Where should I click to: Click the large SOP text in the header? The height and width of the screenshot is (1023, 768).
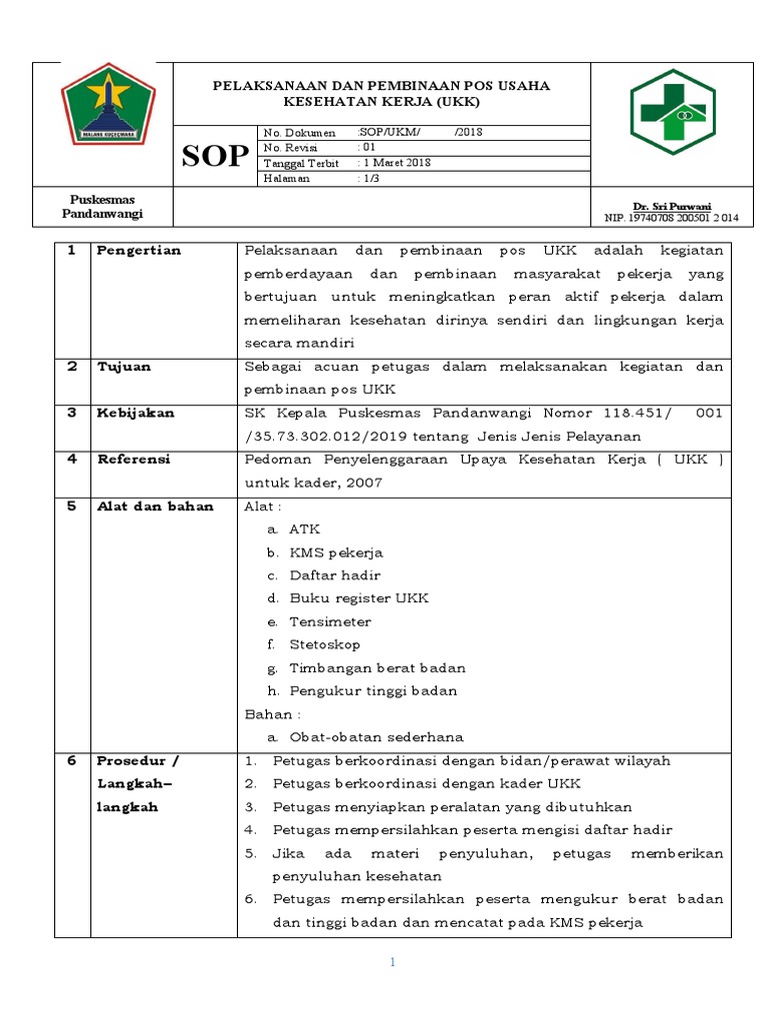215,156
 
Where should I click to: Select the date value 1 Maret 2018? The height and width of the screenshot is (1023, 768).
397,163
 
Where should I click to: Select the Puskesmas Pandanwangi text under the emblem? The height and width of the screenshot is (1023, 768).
103,207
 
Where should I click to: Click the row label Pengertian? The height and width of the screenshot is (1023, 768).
138,251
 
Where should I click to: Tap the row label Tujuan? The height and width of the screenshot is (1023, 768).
123,367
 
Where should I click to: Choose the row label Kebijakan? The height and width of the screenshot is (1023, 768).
135,413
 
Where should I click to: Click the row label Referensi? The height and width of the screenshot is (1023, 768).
133,460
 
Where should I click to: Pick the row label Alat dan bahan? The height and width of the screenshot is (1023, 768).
154,507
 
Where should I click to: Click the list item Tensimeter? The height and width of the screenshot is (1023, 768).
331,621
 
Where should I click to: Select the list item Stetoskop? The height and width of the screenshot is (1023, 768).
324,644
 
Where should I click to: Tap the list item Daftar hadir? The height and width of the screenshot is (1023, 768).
334,575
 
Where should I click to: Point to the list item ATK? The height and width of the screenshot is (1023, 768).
304,529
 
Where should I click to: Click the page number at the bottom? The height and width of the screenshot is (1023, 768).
393,963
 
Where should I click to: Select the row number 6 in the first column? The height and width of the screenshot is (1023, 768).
72,760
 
